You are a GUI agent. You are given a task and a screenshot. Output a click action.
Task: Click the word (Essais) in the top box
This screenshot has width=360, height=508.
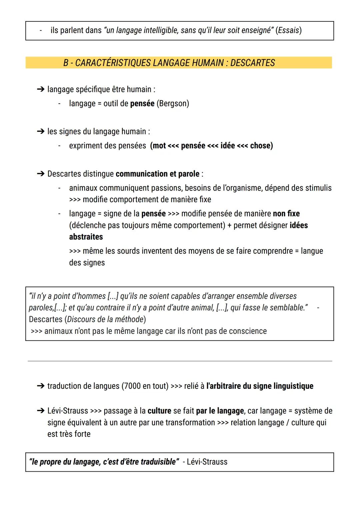click(289, 30)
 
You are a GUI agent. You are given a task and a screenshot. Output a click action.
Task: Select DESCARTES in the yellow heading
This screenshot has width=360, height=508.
click(252, 63)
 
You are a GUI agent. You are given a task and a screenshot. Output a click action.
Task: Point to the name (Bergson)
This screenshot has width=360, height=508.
click(173, 104)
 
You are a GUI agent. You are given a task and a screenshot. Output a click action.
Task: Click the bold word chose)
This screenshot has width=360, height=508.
click(261, 146)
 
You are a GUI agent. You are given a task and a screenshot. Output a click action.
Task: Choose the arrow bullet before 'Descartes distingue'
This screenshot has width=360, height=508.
click(40, 174)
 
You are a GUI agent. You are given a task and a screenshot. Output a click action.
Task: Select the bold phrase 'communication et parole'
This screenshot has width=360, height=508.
click(157, 174)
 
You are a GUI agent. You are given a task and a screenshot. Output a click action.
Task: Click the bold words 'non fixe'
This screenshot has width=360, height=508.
click(286, 214)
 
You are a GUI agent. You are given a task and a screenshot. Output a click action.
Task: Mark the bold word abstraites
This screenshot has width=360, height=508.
click(86, 237)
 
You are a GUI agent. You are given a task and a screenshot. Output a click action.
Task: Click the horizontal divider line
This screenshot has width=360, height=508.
click(180, 361)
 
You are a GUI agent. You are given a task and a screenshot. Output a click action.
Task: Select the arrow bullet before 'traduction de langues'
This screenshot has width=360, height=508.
click(40, 386)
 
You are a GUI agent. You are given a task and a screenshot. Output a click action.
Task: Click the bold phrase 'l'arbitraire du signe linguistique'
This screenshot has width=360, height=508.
click(260, 386)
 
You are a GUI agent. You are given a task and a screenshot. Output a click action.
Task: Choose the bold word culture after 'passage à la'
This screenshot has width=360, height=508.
click(159, 411)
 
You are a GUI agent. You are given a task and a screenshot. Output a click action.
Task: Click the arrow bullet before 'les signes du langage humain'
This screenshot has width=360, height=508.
click(40, 132)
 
